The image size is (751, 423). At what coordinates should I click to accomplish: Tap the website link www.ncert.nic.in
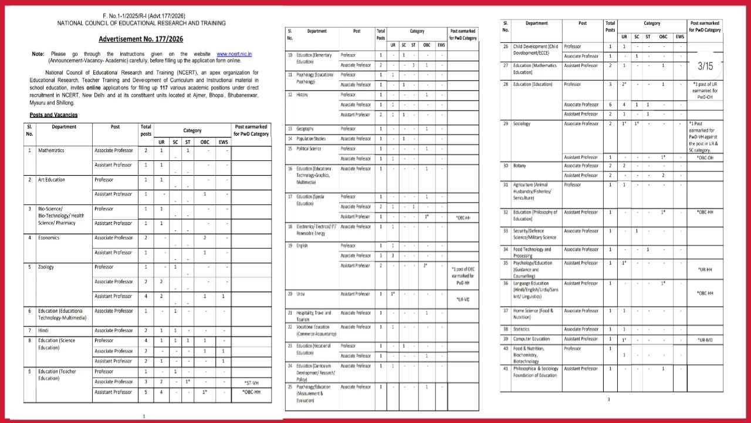[234, 53]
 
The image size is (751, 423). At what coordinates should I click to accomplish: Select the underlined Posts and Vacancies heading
[53, 115]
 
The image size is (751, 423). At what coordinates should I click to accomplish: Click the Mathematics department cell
[51, 150]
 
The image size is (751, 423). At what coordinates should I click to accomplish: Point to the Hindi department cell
[44, 330]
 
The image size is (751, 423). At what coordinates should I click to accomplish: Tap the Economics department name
[50, 238]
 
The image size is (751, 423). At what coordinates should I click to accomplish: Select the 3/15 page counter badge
[705, 66]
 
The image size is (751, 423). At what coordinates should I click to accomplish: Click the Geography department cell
[306, 129]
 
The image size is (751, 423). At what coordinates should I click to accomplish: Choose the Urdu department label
[302, 293]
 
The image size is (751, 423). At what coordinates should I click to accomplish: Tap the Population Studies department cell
[311, 139]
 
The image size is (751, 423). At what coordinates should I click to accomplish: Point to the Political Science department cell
[310, 149]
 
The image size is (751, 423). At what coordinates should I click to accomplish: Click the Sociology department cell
[522, 124]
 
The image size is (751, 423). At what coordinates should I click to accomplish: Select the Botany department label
[520, 166]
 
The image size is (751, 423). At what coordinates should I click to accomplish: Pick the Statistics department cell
[521, 329]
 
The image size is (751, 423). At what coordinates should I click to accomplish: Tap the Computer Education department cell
[532, 339]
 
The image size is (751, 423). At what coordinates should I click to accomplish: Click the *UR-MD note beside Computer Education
[705, 340]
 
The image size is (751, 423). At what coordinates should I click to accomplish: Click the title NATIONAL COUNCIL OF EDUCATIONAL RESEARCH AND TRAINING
[141, 23]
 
